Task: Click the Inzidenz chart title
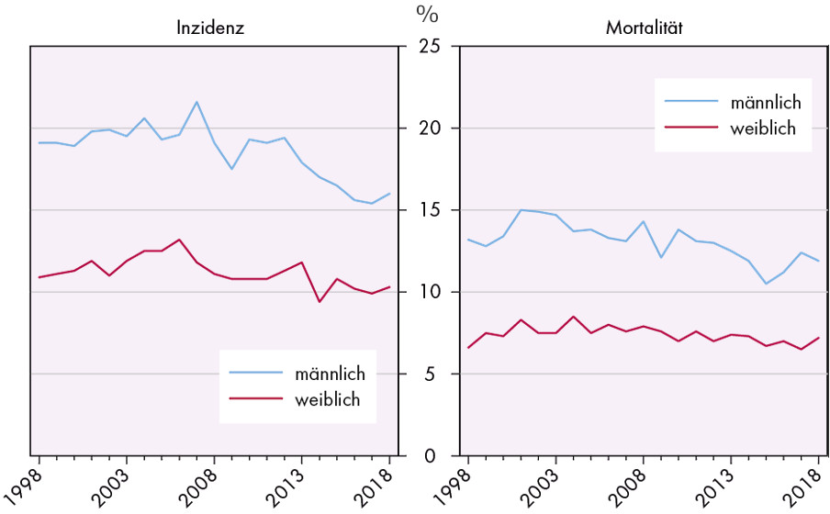[210, 28]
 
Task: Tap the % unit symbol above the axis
[428, 13]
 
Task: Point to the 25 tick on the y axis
[428, 47]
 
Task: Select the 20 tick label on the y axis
[428, 128]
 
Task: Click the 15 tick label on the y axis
[428, 210]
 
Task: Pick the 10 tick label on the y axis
[428, 292]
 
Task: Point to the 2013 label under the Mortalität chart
[717, 484]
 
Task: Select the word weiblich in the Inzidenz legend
[328, 399]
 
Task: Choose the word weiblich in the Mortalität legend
[764, 128]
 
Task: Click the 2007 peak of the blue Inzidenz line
[196, 102]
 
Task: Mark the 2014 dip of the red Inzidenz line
[320, 302]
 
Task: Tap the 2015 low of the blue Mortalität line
[767, 284]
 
